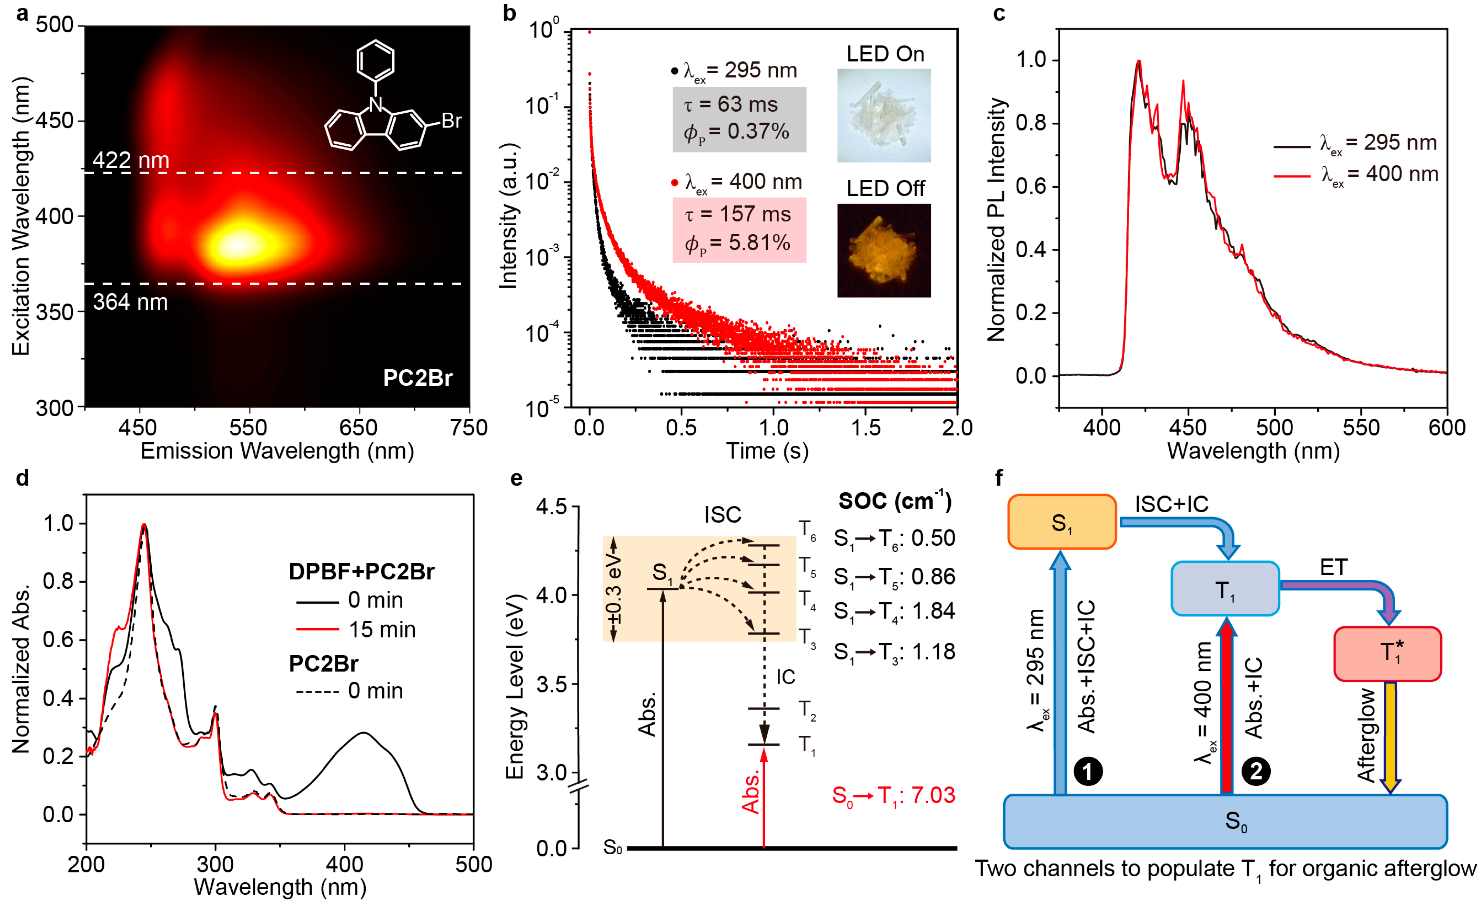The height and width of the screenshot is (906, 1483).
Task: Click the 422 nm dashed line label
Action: pyautogui.click(x=131, y=160)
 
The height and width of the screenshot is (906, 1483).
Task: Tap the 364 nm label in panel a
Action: pyautogui.click(x=130, y=301)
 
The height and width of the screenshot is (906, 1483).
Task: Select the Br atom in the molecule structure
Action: pyautogui.click(x=451, y=121)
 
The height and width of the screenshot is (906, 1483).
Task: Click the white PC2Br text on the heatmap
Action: pyautogui.click(x=418, y=378)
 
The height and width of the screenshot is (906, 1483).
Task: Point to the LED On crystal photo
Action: pyautogui.click(x=884, y=115)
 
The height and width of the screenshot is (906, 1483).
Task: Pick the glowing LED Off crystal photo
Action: pyautogui.click(x=884, y=250)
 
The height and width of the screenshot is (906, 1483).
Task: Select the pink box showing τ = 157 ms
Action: pyautogui.click(x=739, y=229)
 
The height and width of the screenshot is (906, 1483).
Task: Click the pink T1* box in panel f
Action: pyautogui.click(x=1387, y=653)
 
